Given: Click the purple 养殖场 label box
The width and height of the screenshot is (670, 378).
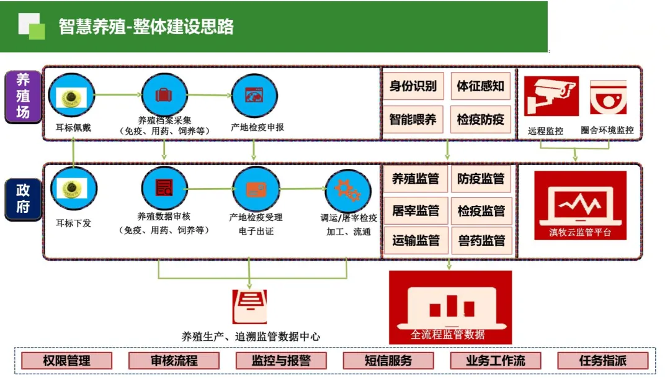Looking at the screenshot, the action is pos(23,96).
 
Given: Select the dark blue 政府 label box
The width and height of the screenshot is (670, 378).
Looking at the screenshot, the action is pos(23,199).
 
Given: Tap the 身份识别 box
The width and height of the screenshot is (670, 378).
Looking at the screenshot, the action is pos(413,86).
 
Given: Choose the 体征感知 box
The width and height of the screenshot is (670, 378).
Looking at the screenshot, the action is pos(481,86).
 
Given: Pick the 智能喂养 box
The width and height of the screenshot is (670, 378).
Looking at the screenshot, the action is pos(413,119).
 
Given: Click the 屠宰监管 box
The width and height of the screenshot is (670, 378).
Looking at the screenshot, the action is pos(415,211).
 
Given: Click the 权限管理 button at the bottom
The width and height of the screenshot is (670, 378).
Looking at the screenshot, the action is pos(67,361).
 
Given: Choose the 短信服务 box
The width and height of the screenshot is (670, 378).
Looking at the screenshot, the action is pos(388,361).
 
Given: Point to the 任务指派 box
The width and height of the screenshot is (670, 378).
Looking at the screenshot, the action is pos(602,361).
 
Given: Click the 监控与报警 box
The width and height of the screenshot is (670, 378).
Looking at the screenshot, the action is pos(281,361).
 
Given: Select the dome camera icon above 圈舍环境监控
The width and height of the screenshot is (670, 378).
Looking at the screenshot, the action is pos(608,97).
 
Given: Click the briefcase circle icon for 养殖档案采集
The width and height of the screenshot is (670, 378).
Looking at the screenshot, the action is pos(164,95).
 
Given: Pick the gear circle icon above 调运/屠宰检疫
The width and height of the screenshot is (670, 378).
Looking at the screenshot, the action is pos(348,190).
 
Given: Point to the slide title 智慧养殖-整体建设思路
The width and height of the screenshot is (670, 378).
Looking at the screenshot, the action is pos(146,27).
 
